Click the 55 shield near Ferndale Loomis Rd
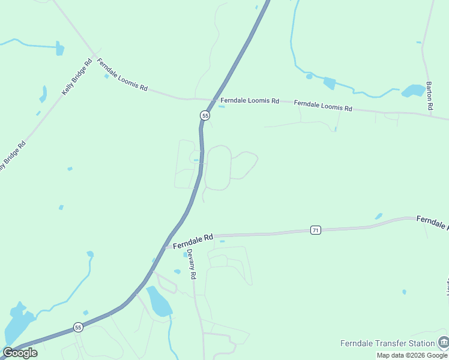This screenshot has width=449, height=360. point(205,115)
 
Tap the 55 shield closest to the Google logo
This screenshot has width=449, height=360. point(78,327)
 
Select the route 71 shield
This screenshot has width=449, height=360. point(316,230)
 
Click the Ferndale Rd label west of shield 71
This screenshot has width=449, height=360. point(193,242)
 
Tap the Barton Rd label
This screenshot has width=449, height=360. point(429,95)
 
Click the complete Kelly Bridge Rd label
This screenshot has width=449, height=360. point(77,77)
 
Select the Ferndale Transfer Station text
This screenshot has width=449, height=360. point(387,343)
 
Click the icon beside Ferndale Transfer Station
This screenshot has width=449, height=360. point(443,343)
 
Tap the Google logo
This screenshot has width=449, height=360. point(20,352)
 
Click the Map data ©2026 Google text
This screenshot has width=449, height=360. point(412,355)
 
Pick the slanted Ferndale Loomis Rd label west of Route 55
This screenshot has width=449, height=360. point(122,74)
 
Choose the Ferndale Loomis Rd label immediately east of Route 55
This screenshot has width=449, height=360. point(249,101)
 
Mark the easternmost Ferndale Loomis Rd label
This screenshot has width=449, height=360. point(323,106)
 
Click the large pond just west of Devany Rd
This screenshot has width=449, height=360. point(158,301)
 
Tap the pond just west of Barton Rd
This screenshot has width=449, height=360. point(413,91)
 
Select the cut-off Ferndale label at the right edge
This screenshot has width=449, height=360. point(432,223)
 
